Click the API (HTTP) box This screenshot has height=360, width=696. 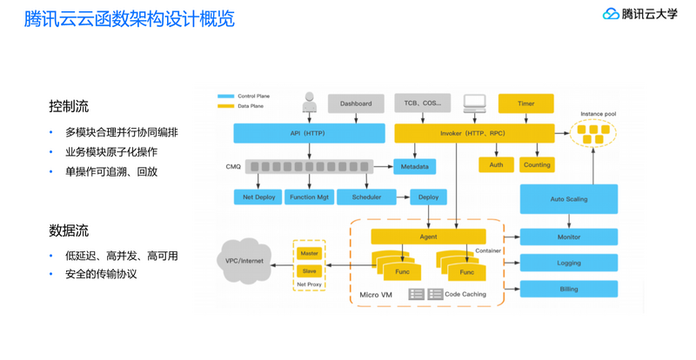point(309,133)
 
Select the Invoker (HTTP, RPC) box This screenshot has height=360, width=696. point(474,133)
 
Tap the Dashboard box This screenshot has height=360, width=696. point(356,103)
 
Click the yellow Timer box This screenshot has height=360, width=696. point(526,103)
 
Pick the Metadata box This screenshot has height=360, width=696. point(414,165)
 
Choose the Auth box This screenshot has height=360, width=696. point(496,164)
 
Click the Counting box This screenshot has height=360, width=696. point(537,164)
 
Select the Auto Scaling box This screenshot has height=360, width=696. point(569,199)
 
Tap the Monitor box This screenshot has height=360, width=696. point(569,237)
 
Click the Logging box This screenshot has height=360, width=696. point(569,263)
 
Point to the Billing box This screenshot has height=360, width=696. point(569,289)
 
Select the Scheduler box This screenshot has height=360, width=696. point(366,197)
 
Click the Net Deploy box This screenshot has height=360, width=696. point(258,197)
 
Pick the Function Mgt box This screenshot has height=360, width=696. point(310,197)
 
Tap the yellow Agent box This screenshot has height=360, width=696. point(428,237)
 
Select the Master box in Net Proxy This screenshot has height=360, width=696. point(309,253)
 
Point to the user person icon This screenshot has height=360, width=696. point(308,103)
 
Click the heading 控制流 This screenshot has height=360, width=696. point(69,107)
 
